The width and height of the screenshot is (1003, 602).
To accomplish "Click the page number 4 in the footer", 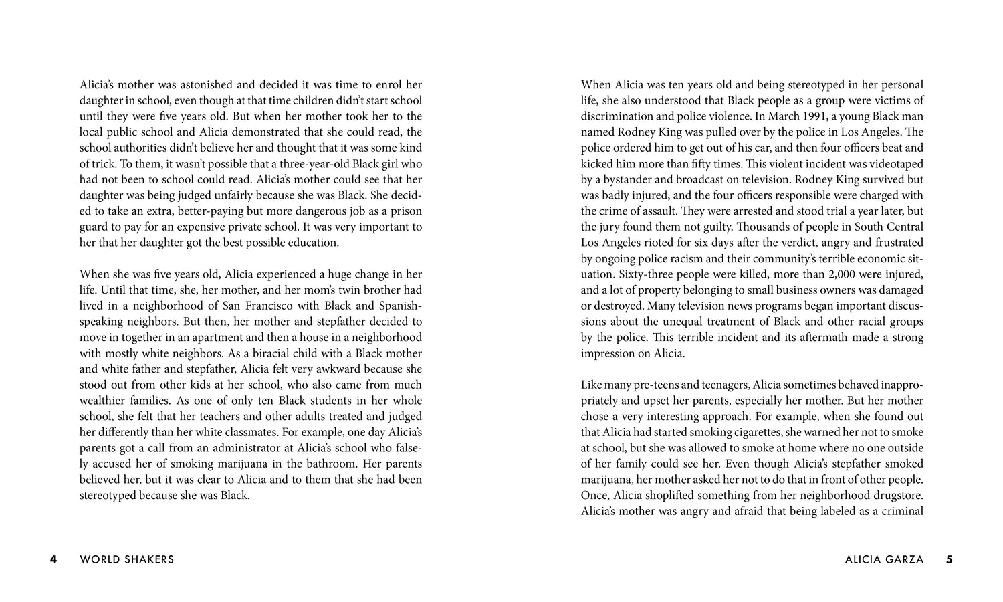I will (53, 559).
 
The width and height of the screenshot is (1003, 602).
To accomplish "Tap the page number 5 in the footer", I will (950, 559).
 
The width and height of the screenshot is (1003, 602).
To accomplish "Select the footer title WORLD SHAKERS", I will (126, 559).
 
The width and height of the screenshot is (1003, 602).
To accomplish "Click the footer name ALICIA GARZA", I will (884, 559).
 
